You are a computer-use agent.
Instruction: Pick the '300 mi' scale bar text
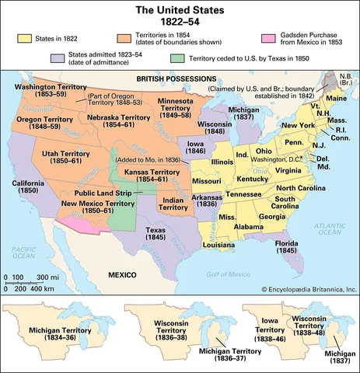pos(47,277)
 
